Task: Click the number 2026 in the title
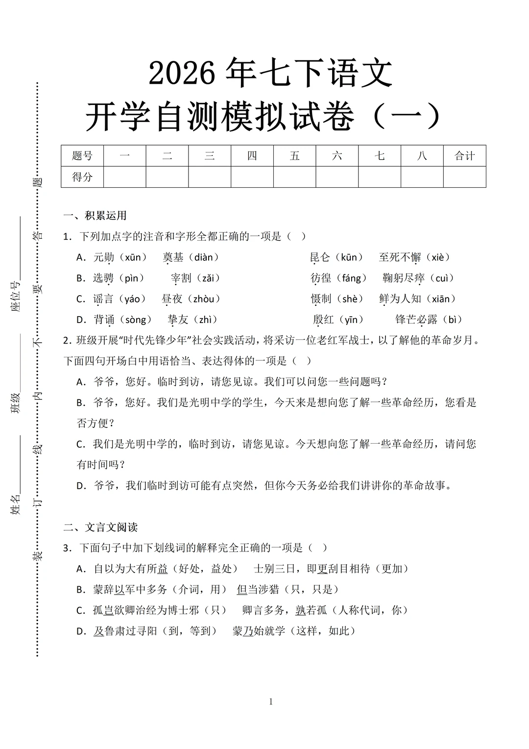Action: click(182, 74)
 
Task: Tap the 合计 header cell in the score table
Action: click(464, 156)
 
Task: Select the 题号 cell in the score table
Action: click(82, 156)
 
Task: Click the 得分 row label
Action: click(82, 177)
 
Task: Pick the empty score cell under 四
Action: click(252, 177)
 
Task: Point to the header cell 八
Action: click(422, 156)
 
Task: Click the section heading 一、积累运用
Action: click(96, 216)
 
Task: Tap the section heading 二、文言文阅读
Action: click(100, 527)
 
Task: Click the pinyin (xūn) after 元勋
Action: click(133, 257)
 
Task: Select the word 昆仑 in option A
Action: click(320, 257)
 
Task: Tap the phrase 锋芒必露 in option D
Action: click(416, 320)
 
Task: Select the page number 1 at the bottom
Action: click(271, 702)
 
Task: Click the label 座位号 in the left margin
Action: click(16, 297)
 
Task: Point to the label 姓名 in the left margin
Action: click(16, 504)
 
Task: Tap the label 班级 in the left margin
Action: click(16, 403)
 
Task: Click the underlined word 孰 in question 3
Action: click(300, 610)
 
